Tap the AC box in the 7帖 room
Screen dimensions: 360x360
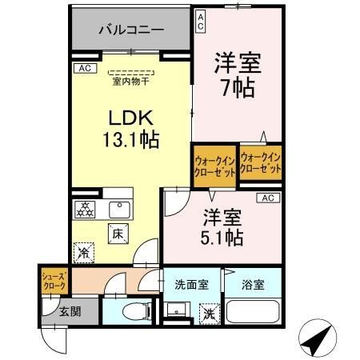pyautogui.click(x=200, y=19)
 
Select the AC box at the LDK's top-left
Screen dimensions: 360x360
pyautogui.click(x=83, y=69)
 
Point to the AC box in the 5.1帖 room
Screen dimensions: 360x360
pyautogui.click(x=267, y=198)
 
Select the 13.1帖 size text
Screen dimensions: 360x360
pyautogui.click(x=130, y=139)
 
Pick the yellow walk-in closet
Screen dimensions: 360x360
pyautogui.click(x=214, y=164)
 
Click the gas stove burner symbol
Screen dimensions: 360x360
pyautogui.click(x=85, y=210)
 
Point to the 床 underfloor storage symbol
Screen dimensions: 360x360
pyautogui.click(x=116, y=234)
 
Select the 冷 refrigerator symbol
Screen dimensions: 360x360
pyautogui.click(x=85, y=253)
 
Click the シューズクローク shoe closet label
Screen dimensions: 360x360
pyautogui.click(x=54, y=280)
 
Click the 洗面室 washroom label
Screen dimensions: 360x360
pyautogui.click(x=191, y=284)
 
